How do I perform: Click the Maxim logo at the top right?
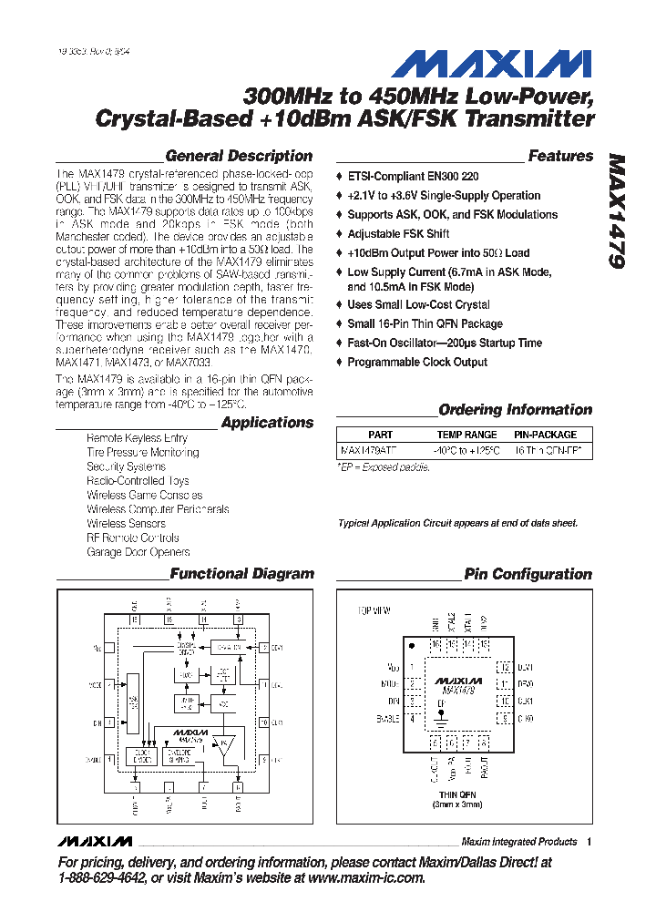click(x=491, y=64)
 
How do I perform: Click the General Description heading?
click(x=239, y=156)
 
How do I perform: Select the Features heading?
click(x=560, y=156)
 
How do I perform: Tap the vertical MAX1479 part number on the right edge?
click(x=616, y=210)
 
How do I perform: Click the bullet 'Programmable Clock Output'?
click(x=416, y=362)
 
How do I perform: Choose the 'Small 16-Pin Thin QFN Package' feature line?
click(x=425, y=323)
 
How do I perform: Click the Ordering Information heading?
click(x=515, y=410)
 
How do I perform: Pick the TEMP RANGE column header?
click(x=466, y=435)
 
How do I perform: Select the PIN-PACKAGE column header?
click(x=545, y=435)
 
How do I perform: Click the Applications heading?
click(x=267, y=423)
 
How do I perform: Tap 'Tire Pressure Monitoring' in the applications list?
click(x=142, y=452)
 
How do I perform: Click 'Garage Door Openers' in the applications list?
click(x=138, y=552)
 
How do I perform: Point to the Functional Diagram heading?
click(x=241, y=574)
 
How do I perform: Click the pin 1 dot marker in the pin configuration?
click(x=413, y=645)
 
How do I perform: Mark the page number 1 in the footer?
click(x=589, y=842)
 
